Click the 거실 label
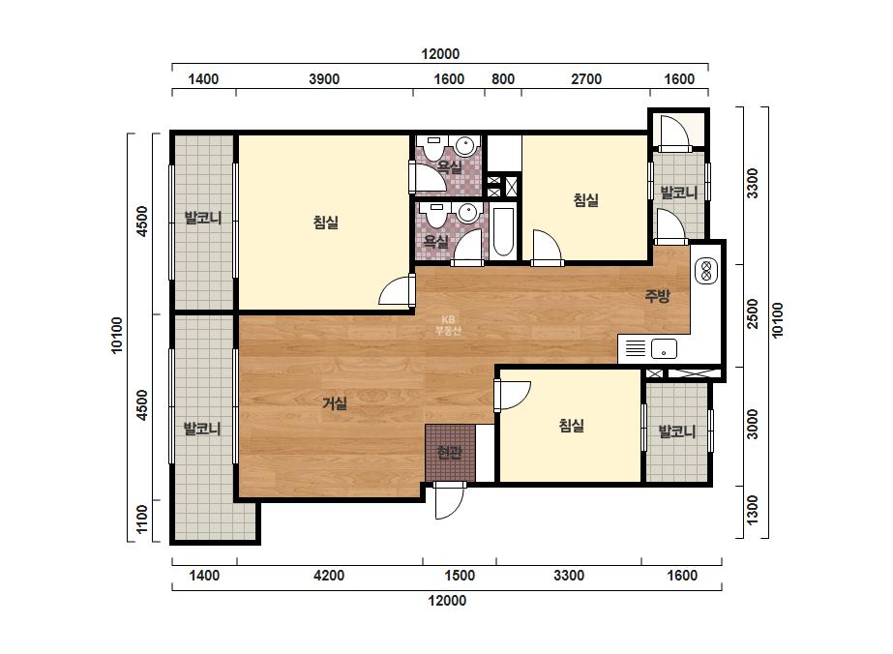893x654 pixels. [335, 403]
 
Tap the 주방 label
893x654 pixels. [657, 296]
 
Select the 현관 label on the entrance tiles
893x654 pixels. [449, 453]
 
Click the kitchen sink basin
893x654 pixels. [664, 348]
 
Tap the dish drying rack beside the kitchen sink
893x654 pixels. [635, 348]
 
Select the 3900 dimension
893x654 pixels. [324, 79]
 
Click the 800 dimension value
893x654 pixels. [503, 79]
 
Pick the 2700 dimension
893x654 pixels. [586, 79]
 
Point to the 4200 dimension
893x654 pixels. [329, 576]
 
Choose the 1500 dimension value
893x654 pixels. [459, 576]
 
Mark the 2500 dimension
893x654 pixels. [753, 313]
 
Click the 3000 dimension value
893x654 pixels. [753, 425]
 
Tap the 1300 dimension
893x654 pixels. [753, 510]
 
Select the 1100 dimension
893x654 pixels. [142, 519]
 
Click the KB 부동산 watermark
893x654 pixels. [448, 325]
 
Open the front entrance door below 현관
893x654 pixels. [449, 500]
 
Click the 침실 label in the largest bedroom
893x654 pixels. [326, 223]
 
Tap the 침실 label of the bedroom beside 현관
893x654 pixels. [571, 426]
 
